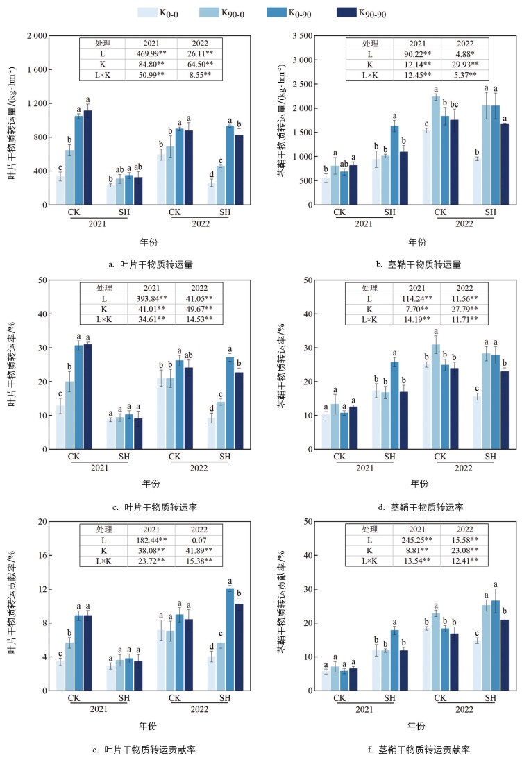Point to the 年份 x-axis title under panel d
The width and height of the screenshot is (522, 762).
417,484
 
